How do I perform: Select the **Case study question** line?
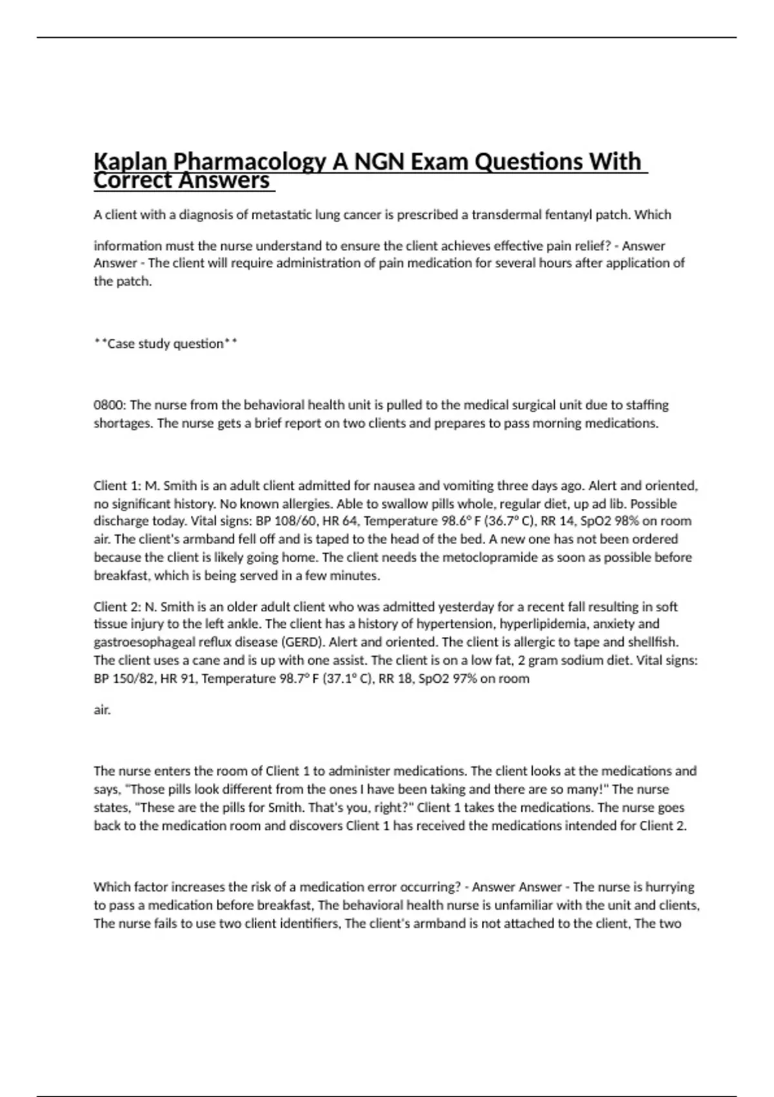pyautogui.click(x=166, y=344)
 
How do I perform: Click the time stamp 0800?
pyautogui.click(x=110, y=405)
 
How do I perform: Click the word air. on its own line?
pyautogui.click(x=103, y=710)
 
